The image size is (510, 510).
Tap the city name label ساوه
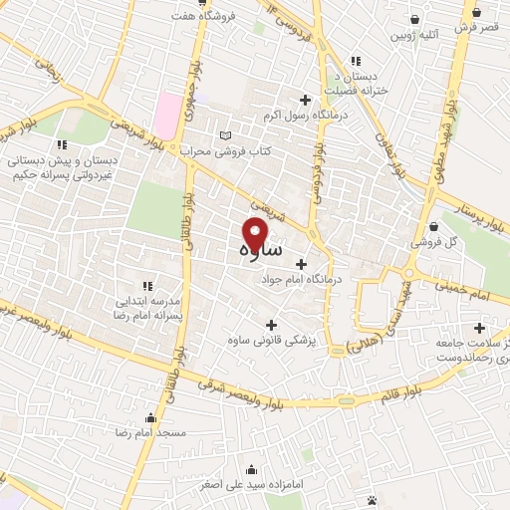coord(261,251)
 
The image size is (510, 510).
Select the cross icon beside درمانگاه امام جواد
coord(301,264)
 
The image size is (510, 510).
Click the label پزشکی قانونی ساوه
coord(314,341)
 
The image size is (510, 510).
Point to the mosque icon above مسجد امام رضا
coord(149,417)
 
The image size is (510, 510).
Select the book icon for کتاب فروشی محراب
coord(225,134)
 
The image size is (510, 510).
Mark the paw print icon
coord(372,499)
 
